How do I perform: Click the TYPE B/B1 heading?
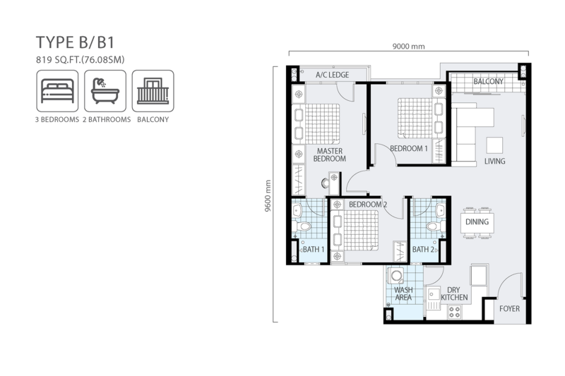(75, 42)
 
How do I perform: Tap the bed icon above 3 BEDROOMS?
(57, 91)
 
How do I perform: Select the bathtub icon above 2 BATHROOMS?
(105, 91)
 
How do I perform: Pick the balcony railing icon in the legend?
(153, 91)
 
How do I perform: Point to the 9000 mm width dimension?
(408, 47)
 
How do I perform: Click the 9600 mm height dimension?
(268, 195)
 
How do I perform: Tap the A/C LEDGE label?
(332, 75)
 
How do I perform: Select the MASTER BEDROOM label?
(330, 154)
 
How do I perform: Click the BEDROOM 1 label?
(409, 148)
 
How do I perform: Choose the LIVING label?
(494, 162)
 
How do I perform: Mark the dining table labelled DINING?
(477, 223)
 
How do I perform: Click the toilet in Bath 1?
(302, 226)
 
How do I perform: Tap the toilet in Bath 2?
(436, 226)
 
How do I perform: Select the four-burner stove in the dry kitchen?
(455, 312)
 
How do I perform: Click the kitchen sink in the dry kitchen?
(433, 298)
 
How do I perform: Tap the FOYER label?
(509, 309)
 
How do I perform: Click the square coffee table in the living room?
(494, 145)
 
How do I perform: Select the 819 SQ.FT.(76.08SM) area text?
(81, 60)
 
